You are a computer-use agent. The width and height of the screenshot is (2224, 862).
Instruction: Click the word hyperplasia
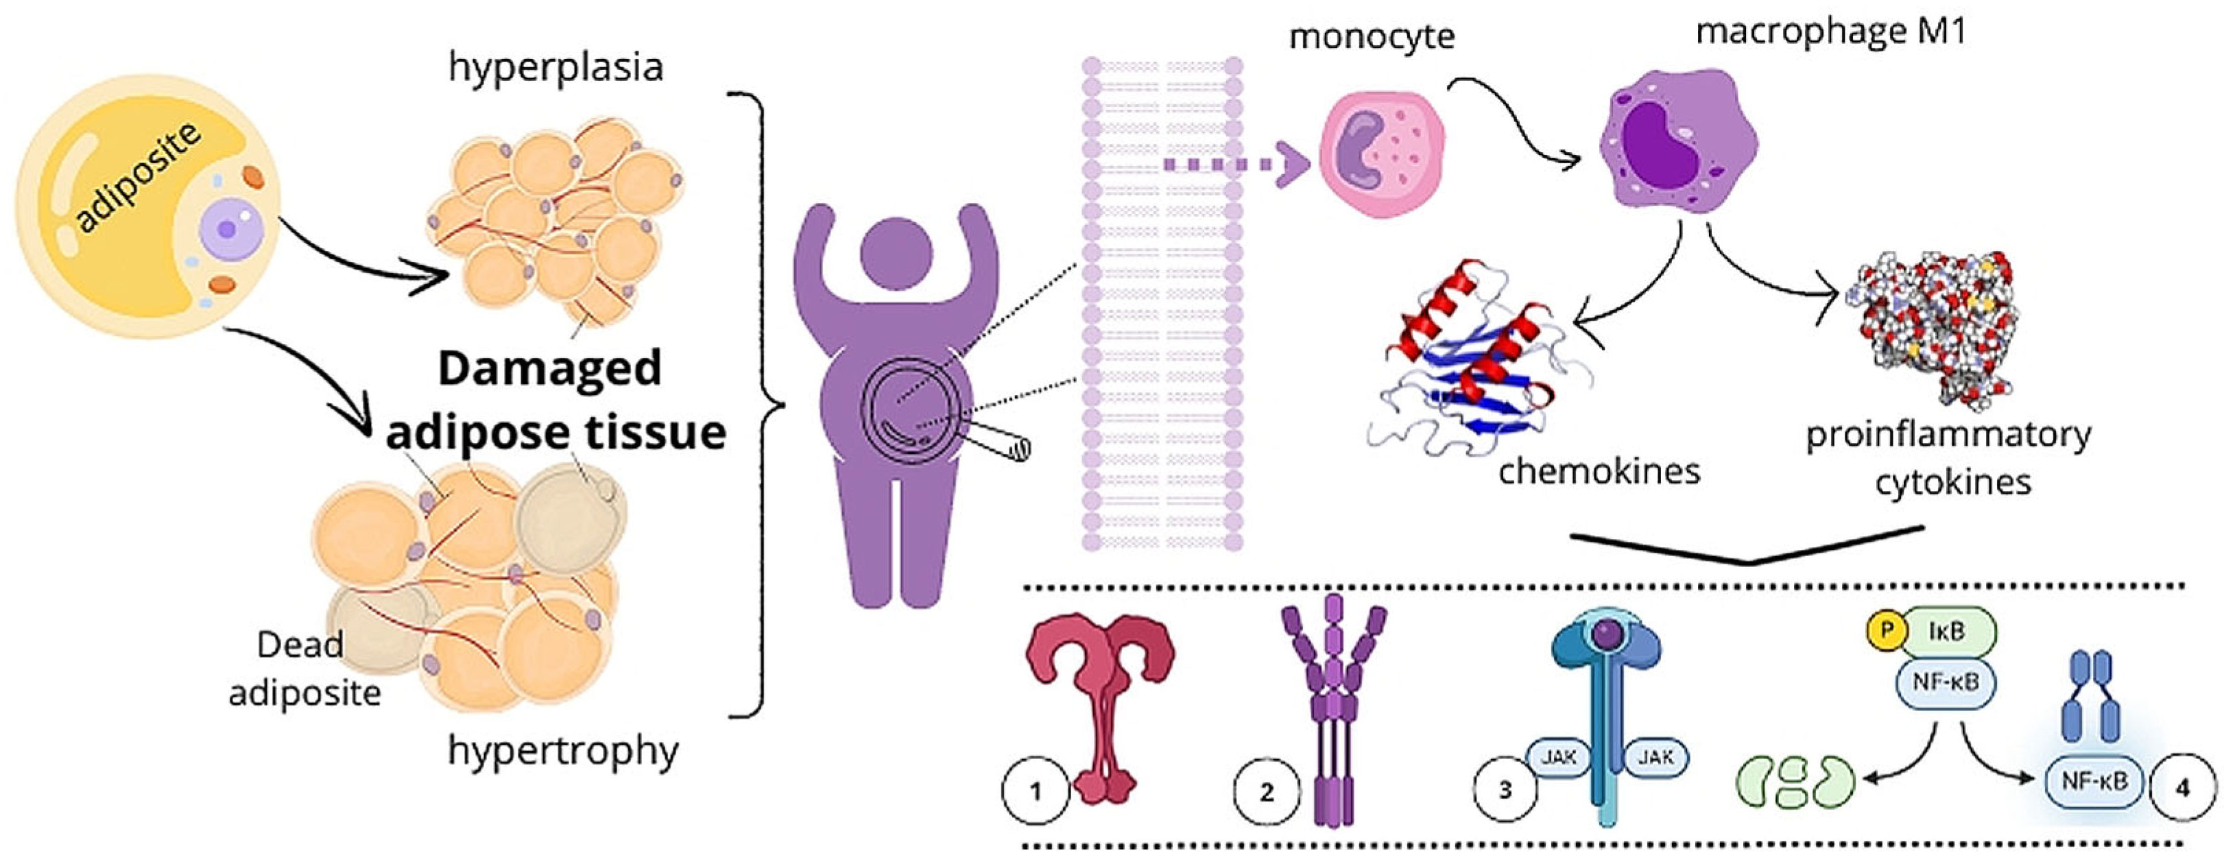(x=555, y=67)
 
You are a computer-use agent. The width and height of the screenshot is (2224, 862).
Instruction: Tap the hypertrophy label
(x=563, y=750)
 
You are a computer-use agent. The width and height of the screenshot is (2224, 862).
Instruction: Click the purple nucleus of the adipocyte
(x=227, y=229)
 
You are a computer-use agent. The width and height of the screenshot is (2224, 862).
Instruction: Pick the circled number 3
(x=1505, y=790)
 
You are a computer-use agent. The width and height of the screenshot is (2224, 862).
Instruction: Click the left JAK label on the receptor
(x=1559, y=758)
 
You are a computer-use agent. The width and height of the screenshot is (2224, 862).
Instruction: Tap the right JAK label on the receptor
(x=1655, y=758)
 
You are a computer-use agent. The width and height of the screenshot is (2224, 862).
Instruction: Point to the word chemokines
(x=1599, y=472)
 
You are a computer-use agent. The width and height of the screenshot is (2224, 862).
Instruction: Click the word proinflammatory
(x=1948, y=435)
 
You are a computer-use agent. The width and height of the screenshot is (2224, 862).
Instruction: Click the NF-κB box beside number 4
(x=2094, y=782)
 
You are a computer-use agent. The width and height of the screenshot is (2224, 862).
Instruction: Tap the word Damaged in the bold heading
(x=549, y=369)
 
